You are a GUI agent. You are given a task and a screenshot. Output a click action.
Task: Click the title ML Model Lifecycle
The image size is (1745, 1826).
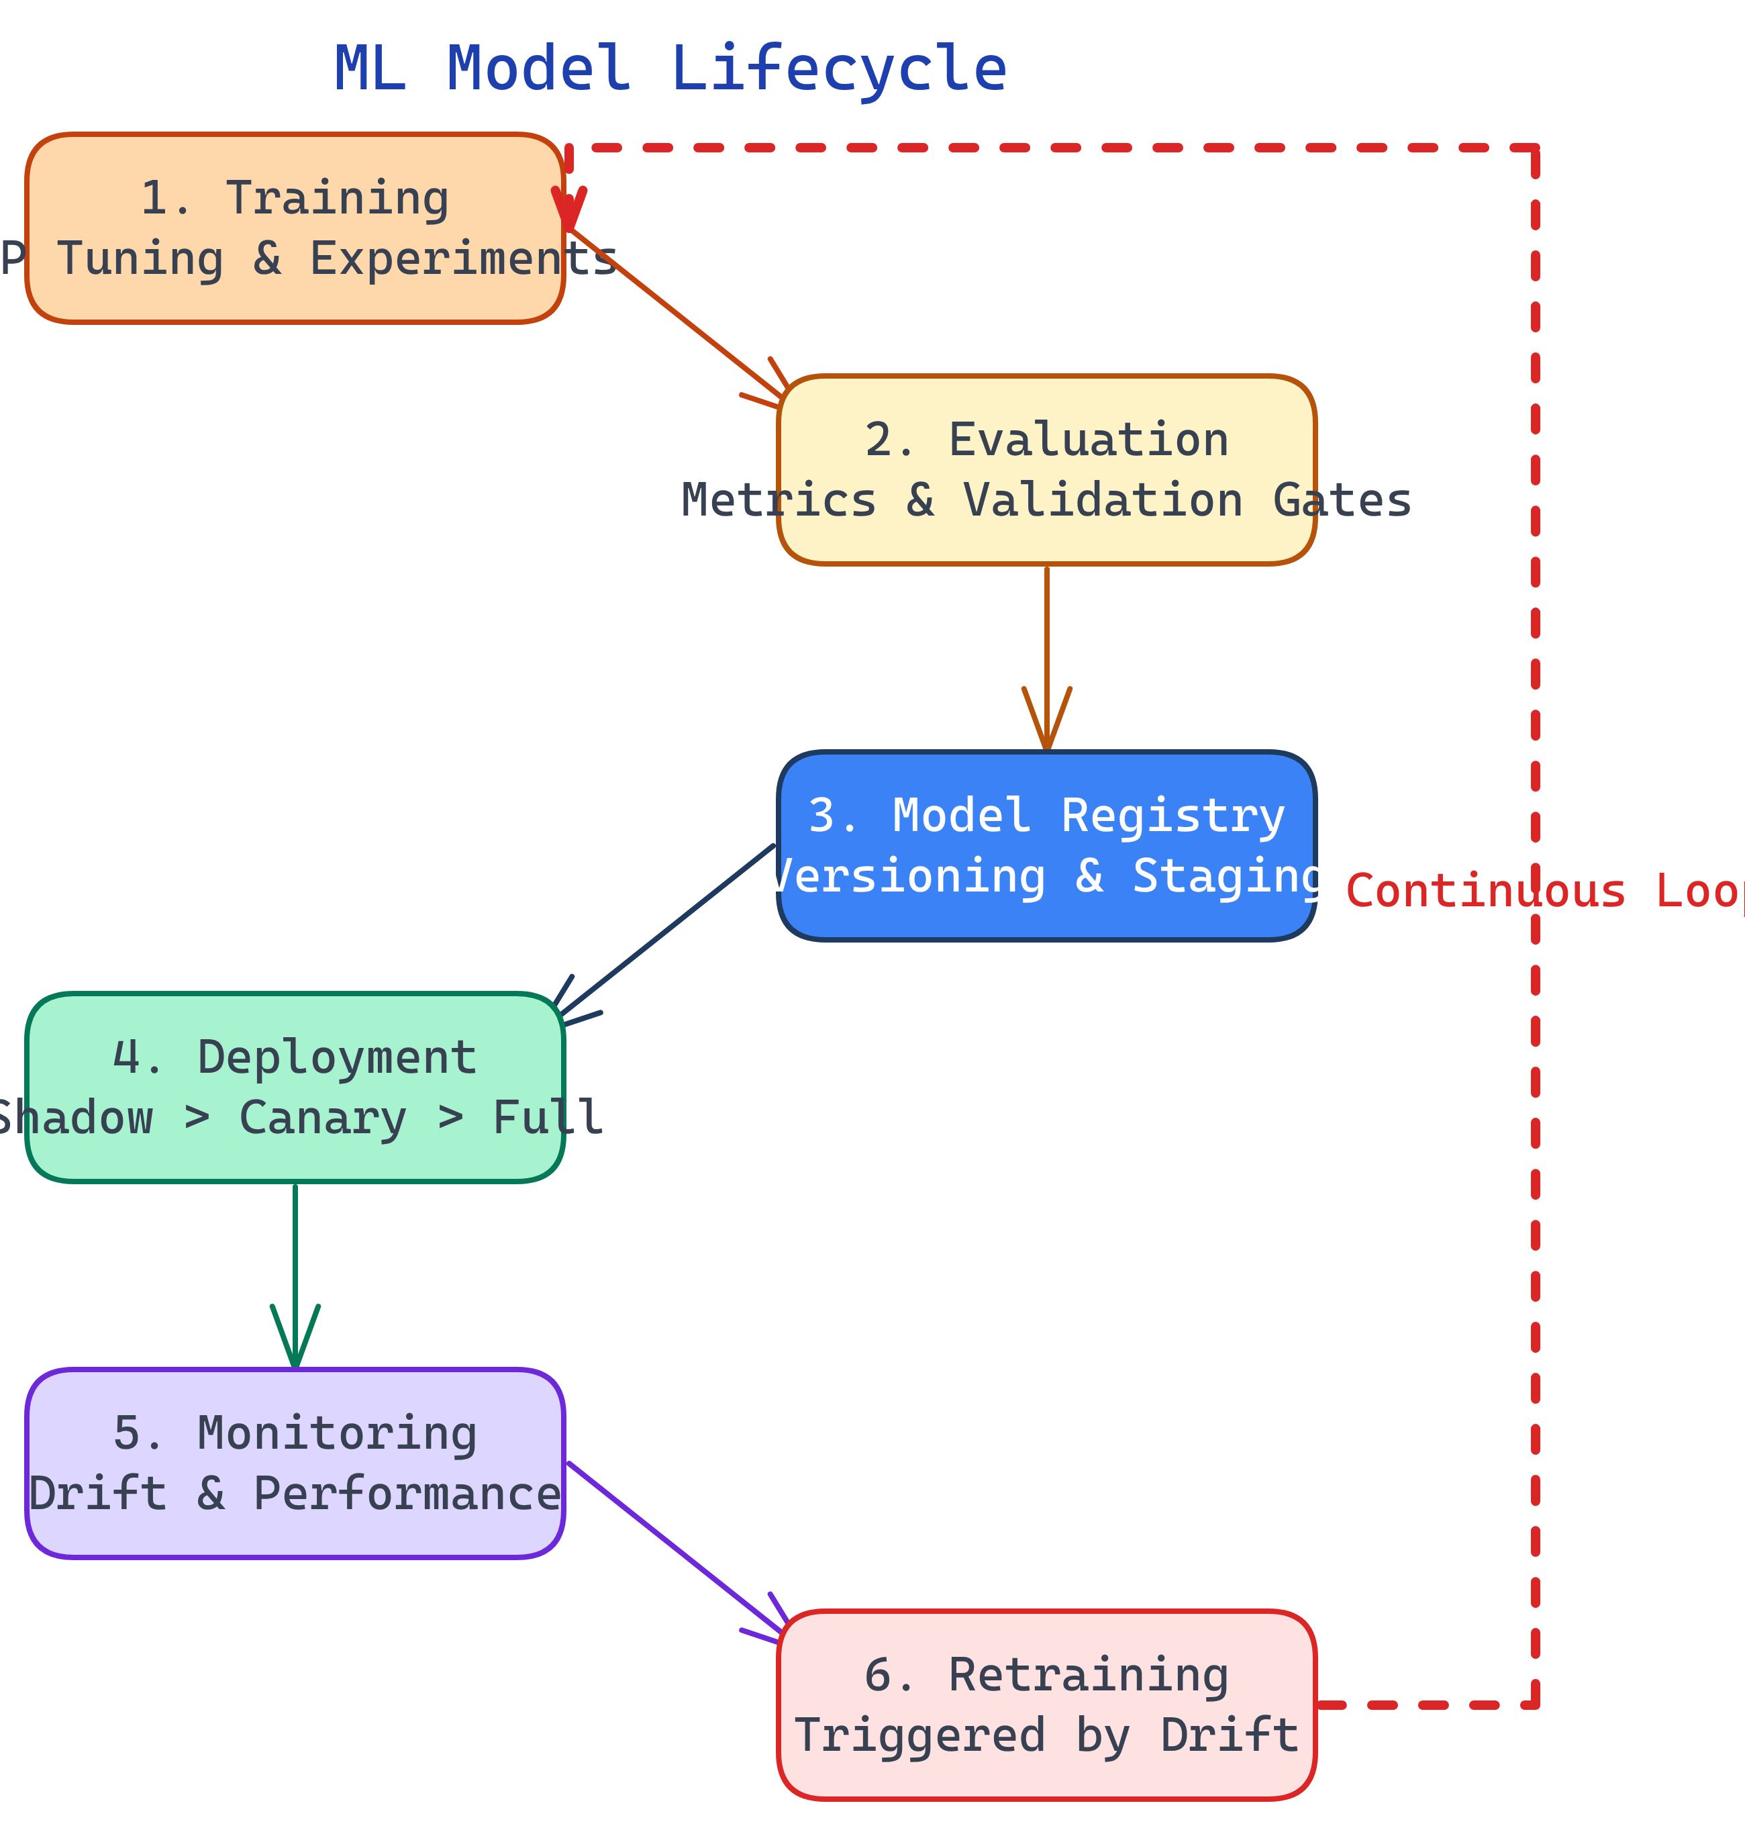tap(670, 69)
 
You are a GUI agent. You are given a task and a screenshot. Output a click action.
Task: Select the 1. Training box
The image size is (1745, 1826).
tap(295, 228)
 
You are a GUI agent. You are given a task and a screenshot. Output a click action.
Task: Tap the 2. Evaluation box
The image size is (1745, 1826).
tap(1046, 470)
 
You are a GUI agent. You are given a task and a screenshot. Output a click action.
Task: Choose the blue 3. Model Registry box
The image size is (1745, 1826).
tap(1046, 846)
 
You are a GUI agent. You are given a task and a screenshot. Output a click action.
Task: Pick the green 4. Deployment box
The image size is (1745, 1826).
tap(295, 1088)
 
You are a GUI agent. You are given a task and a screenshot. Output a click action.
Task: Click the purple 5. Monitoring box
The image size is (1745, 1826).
tap(295, 1463)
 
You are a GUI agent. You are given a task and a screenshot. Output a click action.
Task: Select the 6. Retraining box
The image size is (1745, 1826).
tap(1046, 1705)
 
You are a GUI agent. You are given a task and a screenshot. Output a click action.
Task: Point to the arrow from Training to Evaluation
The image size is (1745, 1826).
tap(675, 314)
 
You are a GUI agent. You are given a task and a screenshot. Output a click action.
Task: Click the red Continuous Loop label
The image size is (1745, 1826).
tap(1544, 891)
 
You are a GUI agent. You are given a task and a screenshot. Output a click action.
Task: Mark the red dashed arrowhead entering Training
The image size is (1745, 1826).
tap(568, 207)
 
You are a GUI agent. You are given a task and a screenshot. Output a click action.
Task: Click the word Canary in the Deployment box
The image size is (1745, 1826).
tap(323, 1118)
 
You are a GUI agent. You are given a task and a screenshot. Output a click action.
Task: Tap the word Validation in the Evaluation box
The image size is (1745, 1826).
tap(1102, 500)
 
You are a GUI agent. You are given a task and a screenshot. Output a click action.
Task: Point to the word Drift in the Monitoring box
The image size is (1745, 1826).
tap(98, 1494)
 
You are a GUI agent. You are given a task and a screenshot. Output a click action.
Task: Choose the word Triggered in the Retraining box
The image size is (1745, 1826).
tap(920, 1736)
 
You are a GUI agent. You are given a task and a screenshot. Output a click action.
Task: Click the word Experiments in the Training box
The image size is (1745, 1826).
tap(462, 258)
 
